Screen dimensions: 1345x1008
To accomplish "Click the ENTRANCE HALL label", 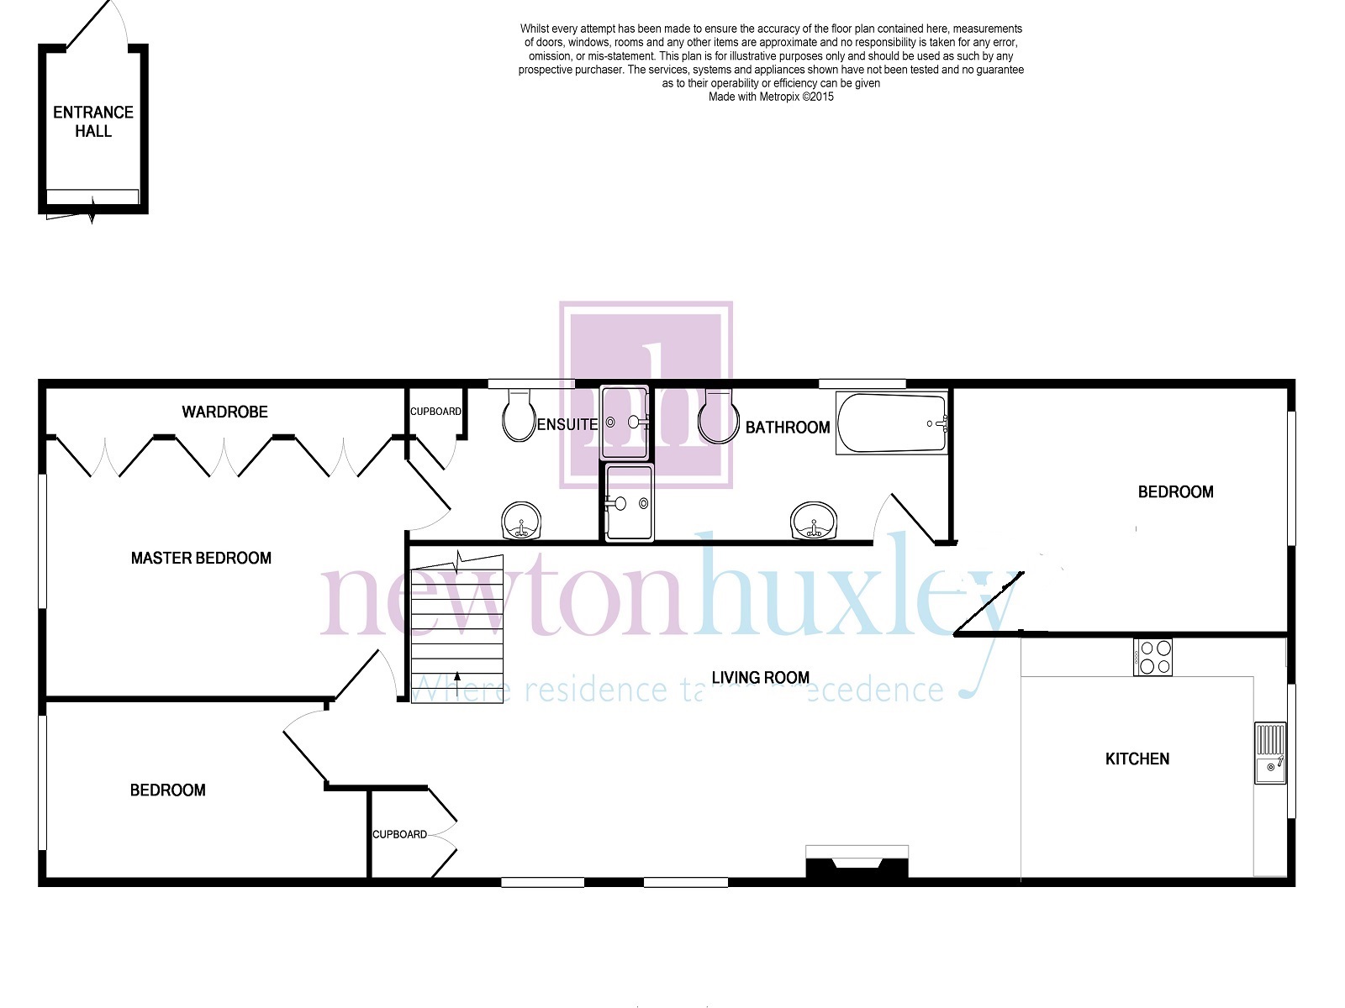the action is pos(93,121).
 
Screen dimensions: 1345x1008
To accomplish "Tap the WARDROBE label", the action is pos(225,412).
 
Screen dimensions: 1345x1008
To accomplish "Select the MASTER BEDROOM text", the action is pos(201,558).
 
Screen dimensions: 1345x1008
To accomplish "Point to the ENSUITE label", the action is pos(567,425).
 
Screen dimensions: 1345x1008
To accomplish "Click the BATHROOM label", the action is pos(788,428).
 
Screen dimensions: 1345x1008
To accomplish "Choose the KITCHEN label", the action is pos(1137,759).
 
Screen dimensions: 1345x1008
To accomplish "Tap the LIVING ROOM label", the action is pos(761,678).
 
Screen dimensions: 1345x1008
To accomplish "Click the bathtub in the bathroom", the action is pos(892,423).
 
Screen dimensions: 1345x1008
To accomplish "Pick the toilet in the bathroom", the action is pos(718,416).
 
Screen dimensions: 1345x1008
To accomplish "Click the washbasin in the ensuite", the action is pos(521,521).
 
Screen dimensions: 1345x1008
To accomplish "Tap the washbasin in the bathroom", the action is pos(813,521).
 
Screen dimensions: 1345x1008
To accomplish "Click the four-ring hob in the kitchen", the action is pos(1152,658).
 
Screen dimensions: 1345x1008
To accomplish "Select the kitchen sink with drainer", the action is pos(1270,753).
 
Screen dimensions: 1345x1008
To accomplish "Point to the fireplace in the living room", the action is pos(857,863).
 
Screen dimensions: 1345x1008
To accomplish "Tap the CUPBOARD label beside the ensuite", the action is pos(435,412).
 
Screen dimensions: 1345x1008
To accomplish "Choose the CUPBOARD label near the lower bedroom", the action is pos(399,835).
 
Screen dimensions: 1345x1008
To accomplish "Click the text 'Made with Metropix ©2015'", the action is pos(771,97).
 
